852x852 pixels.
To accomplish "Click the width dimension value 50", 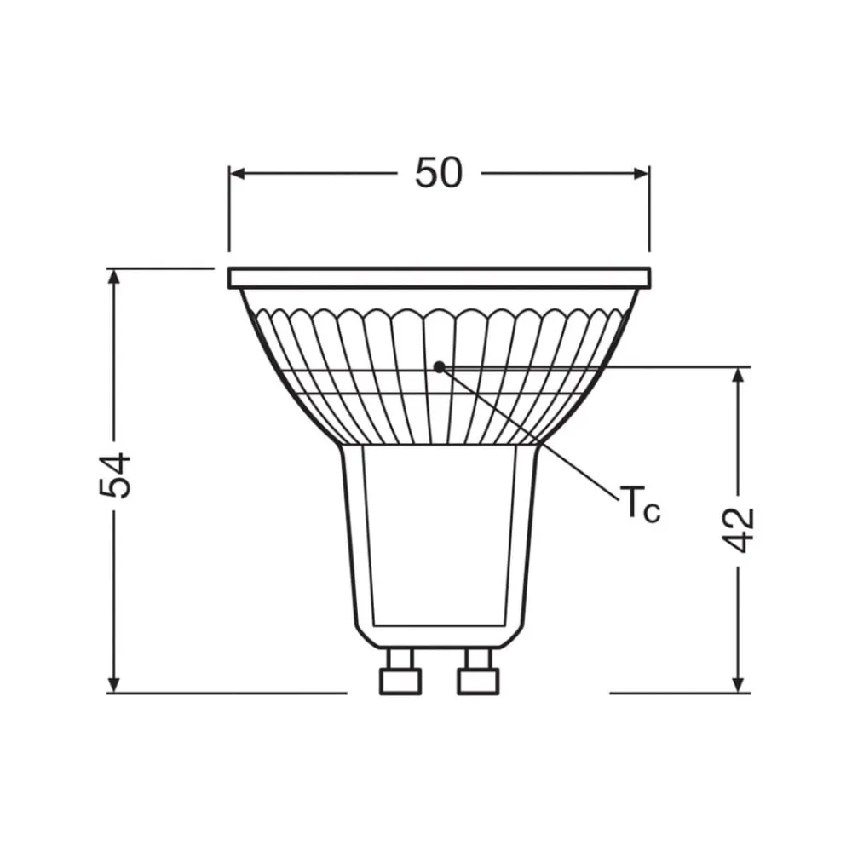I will pos(439,174).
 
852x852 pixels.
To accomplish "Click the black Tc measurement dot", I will pos(439,367).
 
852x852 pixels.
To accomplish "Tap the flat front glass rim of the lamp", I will pos(439,277).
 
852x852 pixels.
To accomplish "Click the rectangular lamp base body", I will pos(439,537).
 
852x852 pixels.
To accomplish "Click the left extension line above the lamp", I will pos(228,213).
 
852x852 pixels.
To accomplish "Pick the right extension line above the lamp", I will pos(649,213).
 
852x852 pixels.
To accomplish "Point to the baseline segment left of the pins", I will pos(230,693).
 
